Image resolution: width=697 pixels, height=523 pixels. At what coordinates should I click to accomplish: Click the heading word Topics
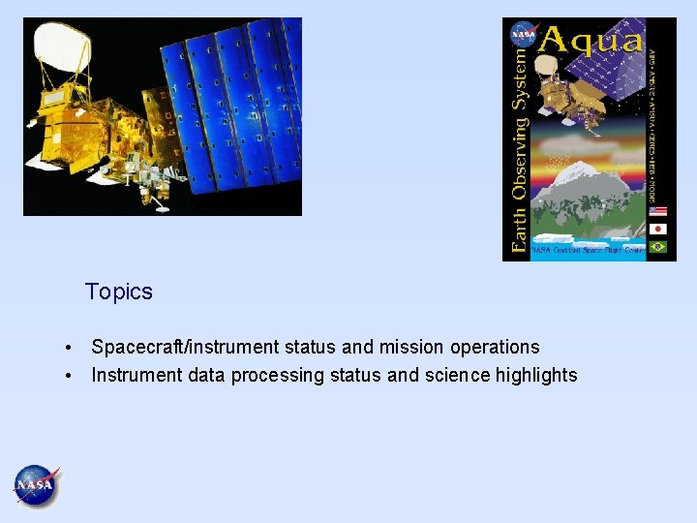point(118,292)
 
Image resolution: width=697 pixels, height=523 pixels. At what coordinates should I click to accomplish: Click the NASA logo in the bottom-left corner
point(36,485)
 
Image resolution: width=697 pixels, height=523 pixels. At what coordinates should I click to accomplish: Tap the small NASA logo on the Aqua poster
point(523,34)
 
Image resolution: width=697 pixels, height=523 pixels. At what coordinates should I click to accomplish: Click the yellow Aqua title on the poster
point(591,40)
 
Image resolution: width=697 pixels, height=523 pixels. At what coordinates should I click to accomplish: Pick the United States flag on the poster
point(658,211)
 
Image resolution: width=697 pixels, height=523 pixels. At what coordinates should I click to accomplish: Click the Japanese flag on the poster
point(658,230)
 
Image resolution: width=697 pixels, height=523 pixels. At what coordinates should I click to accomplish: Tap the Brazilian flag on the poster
point(658,247)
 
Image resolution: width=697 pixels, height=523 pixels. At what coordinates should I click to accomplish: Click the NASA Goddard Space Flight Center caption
point(587,250)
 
